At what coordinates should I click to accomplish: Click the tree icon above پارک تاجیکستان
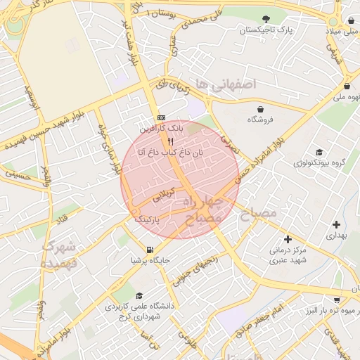click(266, 19)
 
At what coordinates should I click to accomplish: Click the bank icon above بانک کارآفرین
click(162, 117)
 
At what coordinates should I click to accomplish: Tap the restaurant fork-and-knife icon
click(170, 141)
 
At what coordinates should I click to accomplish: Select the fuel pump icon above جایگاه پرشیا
click(149, 250)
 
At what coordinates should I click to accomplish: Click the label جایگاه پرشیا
click(149, 261)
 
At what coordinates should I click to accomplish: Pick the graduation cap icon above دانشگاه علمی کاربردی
click(139, 296)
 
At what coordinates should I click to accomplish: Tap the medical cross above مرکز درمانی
click(287, 239)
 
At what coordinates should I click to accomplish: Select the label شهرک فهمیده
click(62, 256)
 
